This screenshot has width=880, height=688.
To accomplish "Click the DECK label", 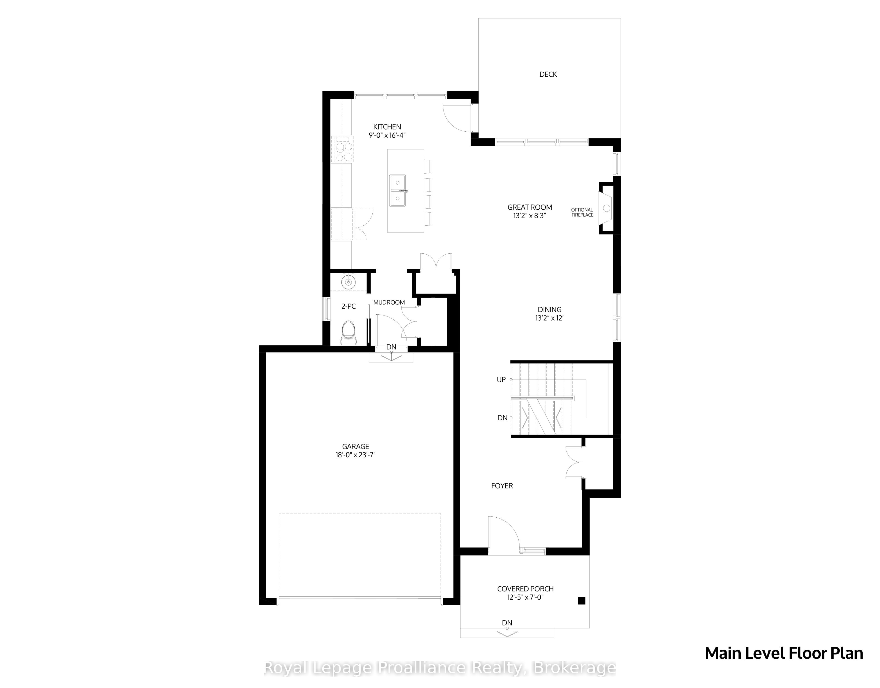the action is (548, 74).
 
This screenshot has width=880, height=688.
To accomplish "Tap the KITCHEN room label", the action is (387, 127).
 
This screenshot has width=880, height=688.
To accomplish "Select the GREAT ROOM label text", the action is (529, 207).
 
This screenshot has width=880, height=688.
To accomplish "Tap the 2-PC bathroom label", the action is (349, 306).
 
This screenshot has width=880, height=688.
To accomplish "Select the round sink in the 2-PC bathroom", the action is (348, 281).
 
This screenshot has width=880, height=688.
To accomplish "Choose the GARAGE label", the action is (355, 447).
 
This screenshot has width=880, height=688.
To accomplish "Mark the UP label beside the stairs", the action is (501, 380).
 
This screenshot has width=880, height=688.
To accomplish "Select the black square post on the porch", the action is (581, 600).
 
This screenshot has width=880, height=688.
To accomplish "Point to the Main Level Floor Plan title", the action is (784, 653).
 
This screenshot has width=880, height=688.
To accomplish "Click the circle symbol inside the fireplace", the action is (606, 208).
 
